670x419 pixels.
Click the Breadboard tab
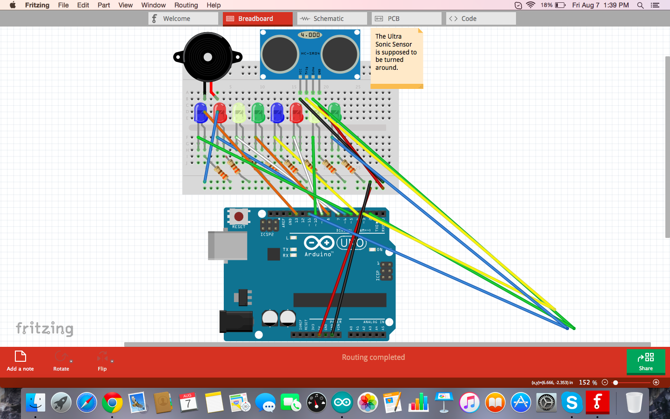pyautogui.click(x=257, y=19)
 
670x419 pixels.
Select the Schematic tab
pyautogui.click(x=332, y=19)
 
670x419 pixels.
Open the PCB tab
pyautogui.click(x=406, y=19)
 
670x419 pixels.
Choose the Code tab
pyautogui.click(x=481, y=19)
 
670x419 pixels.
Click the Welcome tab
pyautogui.click(x=183, y=19)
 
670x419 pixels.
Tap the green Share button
pyautogui.click(x=645, y=361)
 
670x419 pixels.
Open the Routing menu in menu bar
pyautogui.click(x=186, y=5)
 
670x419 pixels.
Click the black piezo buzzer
pyautogui.click(x=208, y=57)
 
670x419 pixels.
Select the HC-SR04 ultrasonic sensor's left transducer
pyautogui.click(x=280, y=54)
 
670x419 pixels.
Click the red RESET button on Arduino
pyautogui.click(x=239, y=216)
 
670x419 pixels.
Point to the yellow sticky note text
pyautogui.click(x=396, y=52)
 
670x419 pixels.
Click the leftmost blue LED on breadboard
pyautogui.click(x=201, y=113)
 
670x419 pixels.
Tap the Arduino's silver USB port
pyautogui.click(x=228, y=245)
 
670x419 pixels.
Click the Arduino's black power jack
pyautogui.click(x=236, y=322)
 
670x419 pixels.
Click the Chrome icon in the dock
pyautogui.click(x=112, y=403)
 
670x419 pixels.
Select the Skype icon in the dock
pyautogui.click(x=572, y=403)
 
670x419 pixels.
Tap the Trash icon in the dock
pyautogui.click(x=634, y=403)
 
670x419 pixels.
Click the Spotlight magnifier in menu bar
pyautogui.click(x=641, y=5)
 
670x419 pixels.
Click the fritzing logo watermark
pyautogui.click(x=45, y=328)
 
